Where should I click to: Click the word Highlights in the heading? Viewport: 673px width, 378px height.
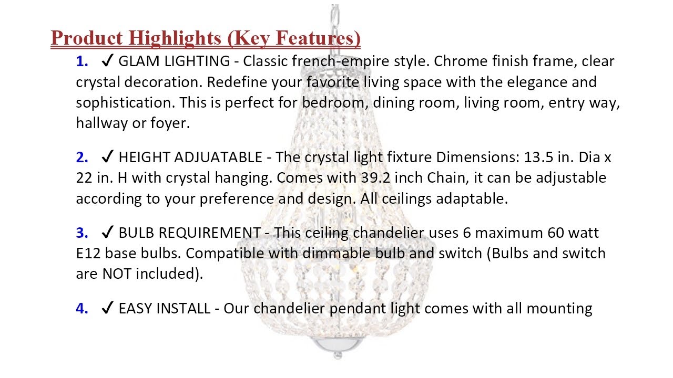tap(175, 39)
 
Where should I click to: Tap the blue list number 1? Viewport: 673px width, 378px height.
tap(82, 61)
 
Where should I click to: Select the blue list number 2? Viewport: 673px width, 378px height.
tap(82, 157)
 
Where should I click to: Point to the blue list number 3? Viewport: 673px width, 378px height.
tap(82, 233)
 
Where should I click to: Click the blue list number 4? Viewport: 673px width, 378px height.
tap(82, 309)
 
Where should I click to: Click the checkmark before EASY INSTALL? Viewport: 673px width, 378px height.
tap(107, 308)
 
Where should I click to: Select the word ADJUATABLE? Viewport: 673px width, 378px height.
tap(218, 157)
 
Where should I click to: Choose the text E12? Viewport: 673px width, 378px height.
tap(88, 254)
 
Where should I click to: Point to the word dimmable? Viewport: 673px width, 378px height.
tap(336, 254)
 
